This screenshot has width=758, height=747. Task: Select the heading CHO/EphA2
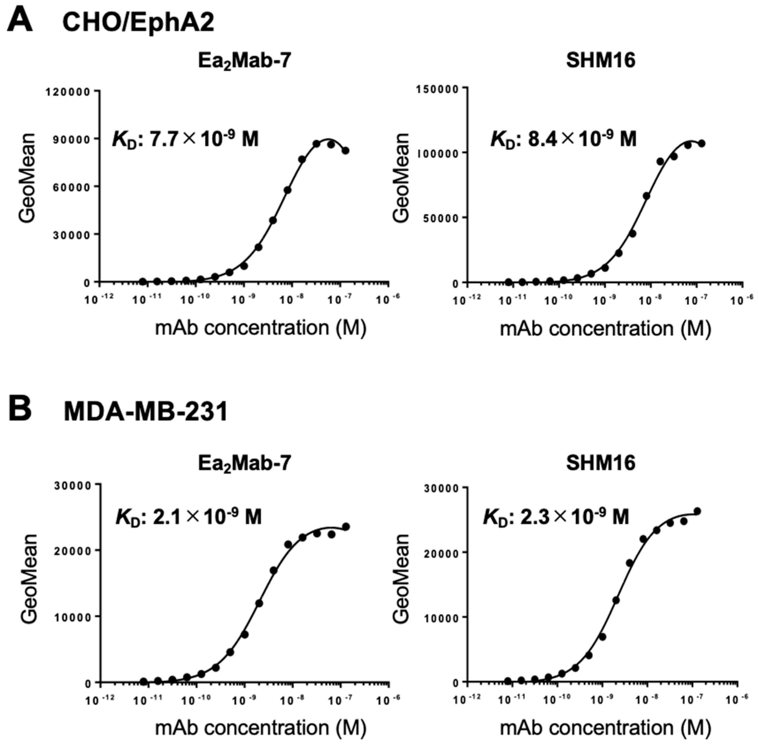click(x=138, y=22)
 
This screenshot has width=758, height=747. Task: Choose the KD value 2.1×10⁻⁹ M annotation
click(x=188, y=516)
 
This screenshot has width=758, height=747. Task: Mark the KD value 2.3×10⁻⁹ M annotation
click(x=556, y=516)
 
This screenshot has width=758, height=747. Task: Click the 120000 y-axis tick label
click(x=68, y=92)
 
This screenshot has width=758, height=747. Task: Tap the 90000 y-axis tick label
click(x=70, y=139)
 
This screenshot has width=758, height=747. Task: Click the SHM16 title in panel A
click(x=600, y=61)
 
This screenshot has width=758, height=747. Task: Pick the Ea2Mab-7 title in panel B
click(x=245, y=463)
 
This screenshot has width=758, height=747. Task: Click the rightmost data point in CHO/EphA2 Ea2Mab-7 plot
click(x=345, y=150)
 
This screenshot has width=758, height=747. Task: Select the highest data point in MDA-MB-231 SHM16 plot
click(x=697, y=511)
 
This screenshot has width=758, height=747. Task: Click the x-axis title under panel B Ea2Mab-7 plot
click(x=261, y=728)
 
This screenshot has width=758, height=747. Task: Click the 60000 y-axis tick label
click(x=70, y=187)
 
